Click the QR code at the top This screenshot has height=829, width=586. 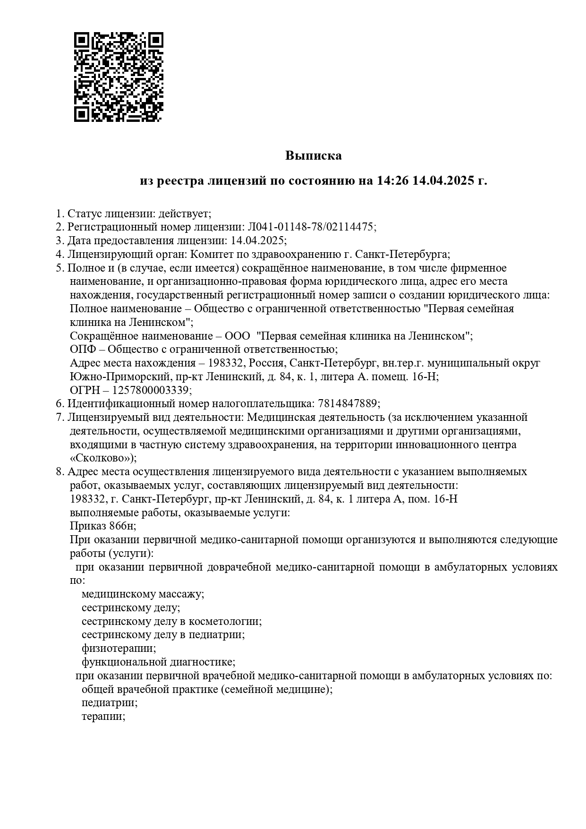click(x=119, y=77)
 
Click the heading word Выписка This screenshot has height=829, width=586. click(x=313, y=155)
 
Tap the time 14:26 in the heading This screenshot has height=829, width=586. click(x=392, y=180)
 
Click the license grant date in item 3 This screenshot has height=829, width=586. click(x=257, y=240)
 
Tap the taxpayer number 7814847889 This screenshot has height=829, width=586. click(x=348, y=403)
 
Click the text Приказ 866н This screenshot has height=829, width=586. click(x=102, y=526)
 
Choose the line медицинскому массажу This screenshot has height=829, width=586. click(x=142, y=594)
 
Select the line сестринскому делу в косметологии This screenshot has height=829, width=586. click(x=171, y=621)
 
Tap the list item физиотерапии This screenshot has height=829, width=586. click(x=118, y=648)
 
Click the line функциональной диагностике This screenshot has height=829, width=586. click(x=158, y=662)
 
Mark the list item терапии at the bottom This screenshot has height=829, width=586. click(x=102, y=716)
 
